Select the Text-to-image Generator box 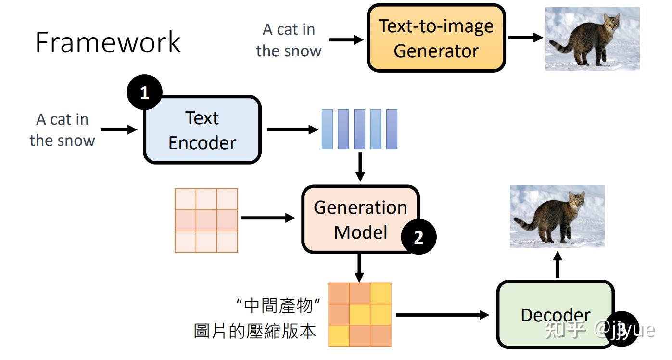[436, 38]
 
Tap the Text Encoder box [202, 130]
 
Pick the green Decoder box [555, 314]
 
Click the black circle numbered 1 [145, 92]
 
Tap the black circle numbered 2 [418, 237]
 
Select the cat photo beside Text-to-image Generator [592, 39]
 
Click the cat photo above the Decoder [557, 216]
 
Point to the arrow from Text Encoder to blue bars [292, 130]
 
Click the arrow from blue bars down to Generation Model [360, 167]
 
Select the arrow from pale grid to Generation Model [268, 218]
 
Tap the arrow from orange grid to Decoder [443, 315]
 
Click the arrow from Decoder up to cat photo [558, 265]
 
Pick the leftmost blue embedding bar [327, 129]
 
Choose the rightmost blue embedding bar [392, 129]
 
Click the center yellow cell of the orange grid [360, 315]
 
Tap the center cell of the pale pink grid [206, 220]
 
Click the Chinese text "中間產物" [279, 306]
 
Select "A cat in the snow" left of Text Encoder [63, 130]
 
